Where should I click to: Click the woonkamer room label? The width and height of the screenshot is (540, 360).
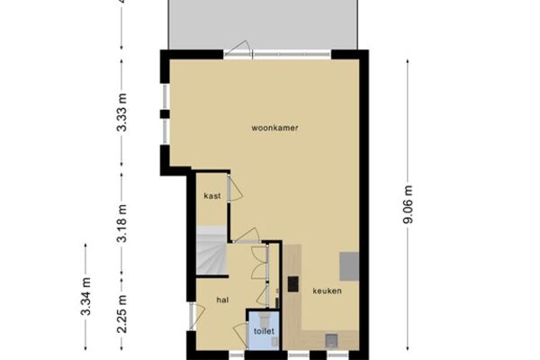coord(274,128)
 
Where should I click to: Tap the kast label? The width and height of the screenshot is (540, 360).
coord(212,196)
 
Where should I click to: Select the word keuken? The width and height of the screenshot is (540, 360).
coord(328,291)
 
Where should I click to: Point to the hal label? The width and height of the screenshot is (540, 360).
coord(222,300)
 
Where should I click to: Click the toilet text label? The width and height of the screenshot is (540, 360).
coord(264,331)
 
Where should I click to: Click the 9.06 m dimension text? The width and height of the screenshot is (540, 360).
coord(408,204)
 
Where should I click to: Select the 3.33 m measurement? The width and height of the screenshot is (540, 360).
coord(121,112)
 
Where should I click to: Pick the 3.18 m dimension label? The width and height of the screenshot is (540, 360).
coord(121,223)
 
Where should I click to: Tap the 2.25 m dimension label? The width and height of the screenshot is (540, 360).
coord(121,314)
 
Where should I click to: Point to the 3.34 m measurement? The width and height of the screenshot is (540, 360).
coord(85,296)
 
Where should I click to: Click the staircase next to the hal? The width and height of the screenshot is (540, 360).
coord(211,250)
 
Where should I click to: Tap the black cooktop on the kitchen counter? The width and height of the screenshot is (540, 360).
coord(293,284)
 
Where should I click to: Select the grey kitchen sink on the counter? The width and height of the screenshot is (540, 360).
coord(331,340)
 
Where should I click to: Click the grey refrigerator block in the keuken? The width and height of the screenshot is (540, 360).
coord(349,266)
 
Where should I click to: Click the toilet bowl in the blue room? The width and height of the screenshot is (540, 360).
coord(265,319)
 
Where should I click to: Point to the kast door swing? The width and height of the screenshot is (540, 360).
coord(235,188)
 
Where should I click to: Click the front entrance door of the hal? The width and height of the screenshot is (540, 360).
coord(196,316)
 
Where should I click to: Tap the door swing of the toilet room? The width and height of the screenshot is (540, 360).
coord(240,335)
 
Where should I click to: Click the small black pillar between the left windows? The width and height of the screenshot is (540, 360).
coord(165,114)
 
